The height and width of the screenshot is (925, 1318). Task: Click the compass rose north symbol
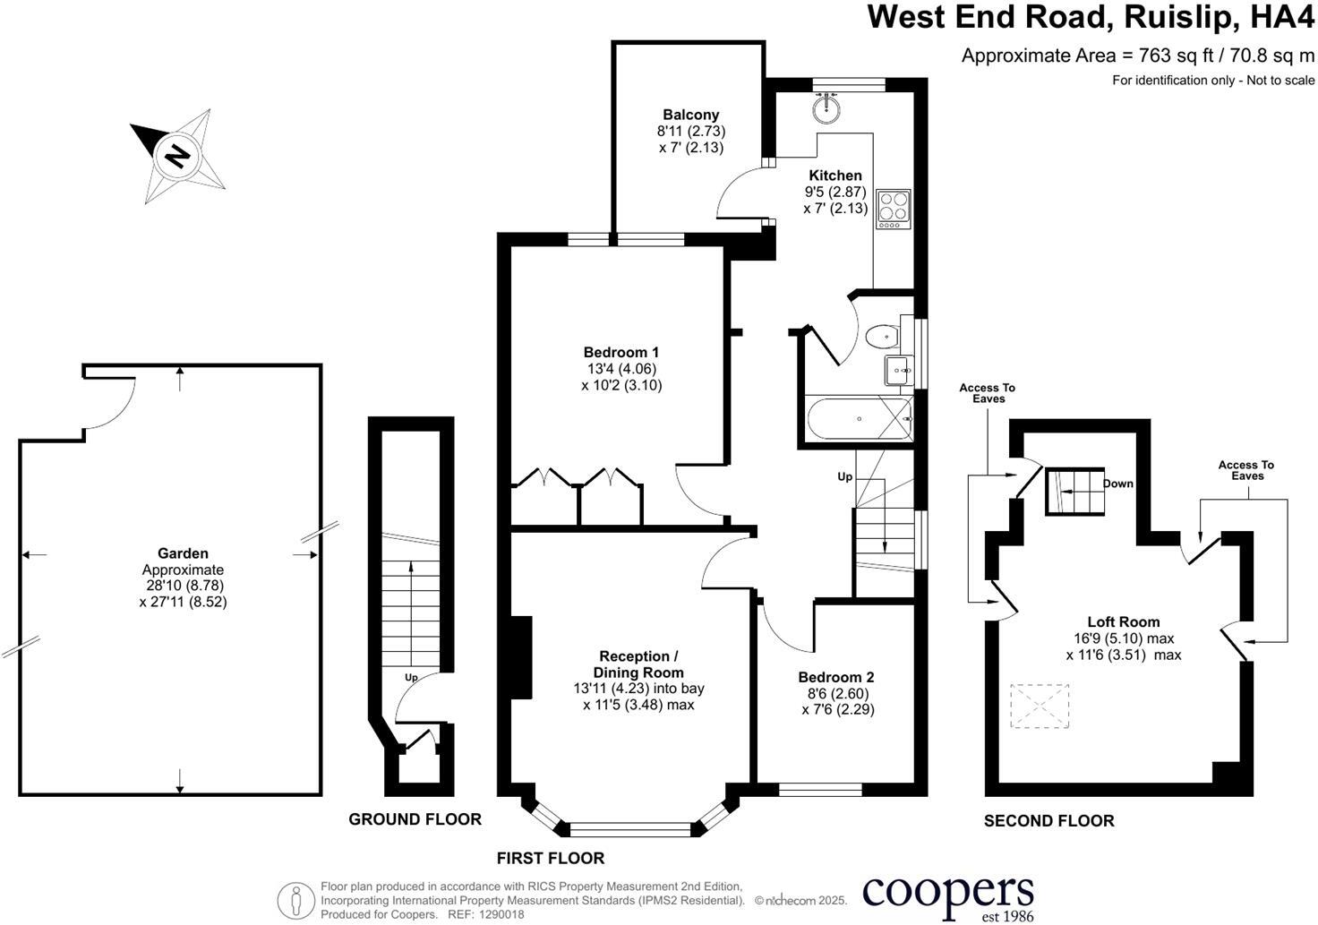tap(177, 156)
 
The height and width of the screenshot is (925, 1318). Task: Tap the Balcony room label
tap(690, 115)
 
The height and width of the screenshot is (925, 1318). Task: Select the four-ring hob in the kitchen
tap(893, 208)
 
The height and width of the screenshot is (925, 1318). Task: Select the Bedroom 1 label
tap(620, 352)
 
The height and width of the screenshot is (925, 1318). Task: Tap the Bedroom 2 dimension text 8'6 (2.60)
tap(835, 693)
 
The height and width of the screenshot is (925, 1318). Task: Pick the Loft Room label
tap(1123, 621)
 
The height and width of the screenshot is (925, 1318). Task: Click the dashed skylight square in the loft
tap(1040, 707)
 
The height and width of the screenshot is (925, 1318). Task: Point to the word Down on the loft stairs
tap(1117, 484)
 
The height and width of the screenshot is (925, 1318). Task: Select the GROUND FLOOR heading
tap(415, 818)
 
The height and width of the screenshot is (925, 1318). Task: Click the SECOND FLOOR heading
tap(1048, 820)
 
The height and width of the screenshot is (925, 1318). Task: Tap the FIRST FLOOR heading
tap(551, 858)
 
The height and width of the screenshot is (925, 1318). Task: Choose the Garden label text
tap(183, 553)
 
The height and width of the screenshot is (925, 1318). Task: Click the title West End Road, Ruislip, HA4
tap(1091, 18)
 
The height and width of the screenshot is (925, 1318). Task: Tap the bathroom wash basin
tap(896, 369)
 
